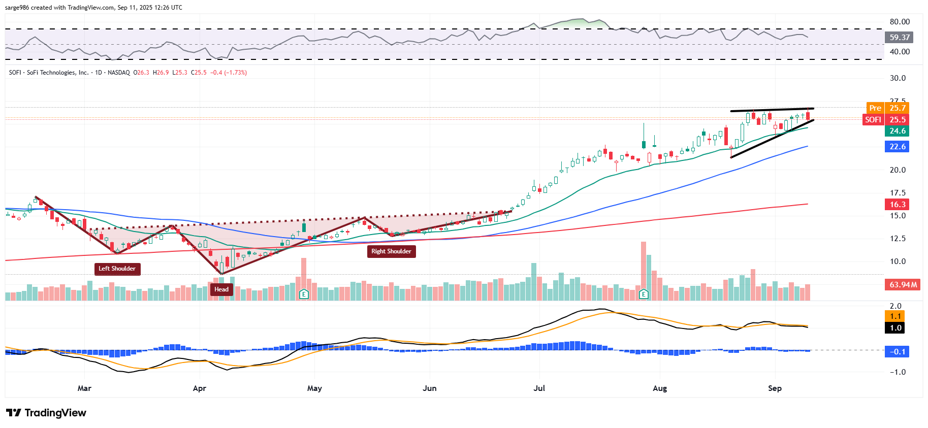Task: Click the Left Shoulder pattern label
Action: (x=117, y=269)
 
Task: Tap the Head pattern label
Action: (x=221, y=289)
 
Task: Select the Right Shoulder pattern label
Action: (x=391, y=251)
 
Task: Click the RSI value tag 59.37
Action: (x=899, y=37)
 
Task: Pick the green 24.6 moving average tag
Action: (x=897, y=131)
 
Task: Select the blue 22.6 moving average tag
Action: (x=897, y=147)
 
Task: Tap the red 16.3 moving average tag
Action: (x=897, y=205)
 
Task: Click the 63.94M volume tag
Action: (x=903, y=285)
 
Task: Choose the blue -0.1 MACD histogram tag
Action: (x=897, y=352)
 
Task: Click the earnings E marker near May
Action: (x=304, y=294)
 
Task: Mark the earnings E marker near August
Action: (x=644, y=294)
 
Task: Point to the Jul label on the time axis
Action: (x=539, y=388)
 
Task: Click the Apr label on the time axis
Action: (x=199, y=388)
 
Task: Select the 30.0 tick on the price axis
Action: (x=898, y=78)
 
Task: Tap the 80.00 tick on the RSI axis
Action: (x=900, y=22)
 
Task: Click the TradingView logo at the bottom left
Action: (x=46, y=413)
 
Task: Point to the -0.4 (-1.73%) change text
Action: (x=229, y=73)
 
